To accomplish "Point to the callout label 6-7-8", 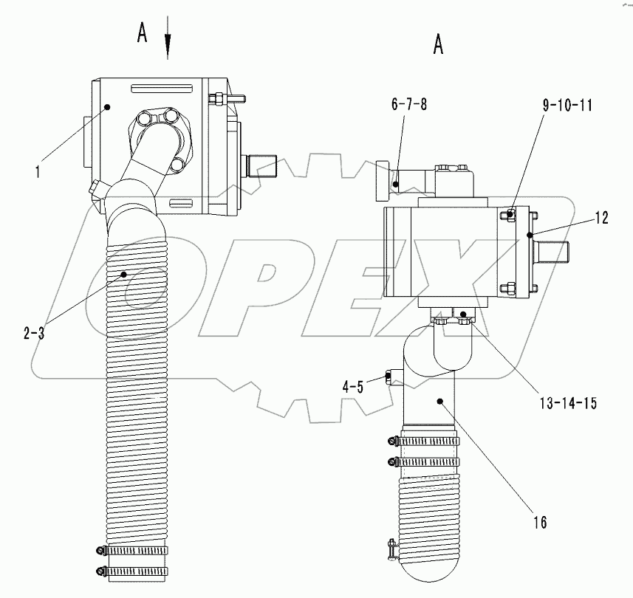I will point(410,105).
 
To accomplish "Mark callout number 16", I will point(540,523).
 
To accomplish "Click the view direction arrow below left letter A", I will point(168,46).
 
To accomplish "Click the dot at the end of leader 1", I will point(107,107).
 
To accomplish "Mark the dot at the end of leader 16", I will point(439,401).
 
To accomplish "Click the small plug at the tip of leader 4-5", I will point(388,377).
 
